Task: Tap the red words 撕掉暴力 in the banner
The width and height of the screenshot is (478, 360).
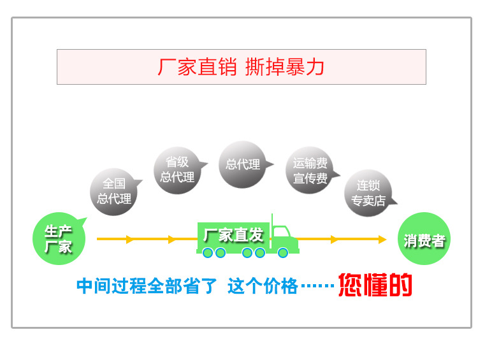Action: (285, 67)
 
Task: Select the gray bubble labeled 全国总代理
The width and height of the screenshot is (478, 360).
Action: (114, 192)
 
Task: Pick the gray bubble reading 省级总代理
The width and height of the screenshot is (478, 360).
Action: (177, 169)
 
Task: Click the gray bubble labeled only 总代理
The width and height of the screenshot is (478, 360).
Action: (243, 164)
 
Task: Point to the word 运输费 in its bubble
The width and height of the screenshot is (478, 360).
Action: (310, 163)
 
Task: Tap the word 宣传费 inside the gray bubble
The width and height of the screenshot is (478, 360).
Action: (310, 179)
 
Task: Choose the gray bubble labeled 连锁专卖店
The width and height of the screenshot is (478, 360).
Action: (368, 193)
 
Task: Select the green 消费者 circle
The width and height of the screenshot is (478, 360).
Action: (424, 240)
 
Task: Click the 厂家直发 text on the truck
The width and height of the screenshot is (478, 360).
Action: (233, 234)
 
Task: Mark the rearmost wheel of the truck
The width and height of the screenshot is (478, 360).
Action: (208, 253)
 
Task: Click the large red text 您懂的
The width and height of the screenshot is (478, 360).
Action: (375, 285)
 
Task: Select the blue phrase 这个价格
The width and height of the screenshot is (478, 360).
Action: (263, 286)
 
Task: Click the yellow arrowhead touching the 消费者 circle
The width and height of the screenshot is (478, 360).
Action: (382, 240)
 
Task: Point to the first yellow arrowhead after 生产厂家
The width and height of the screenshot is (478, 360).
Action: (130, 240)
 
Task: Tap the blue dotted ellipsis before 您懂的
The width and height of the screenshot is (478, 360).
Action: (317, 287)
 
